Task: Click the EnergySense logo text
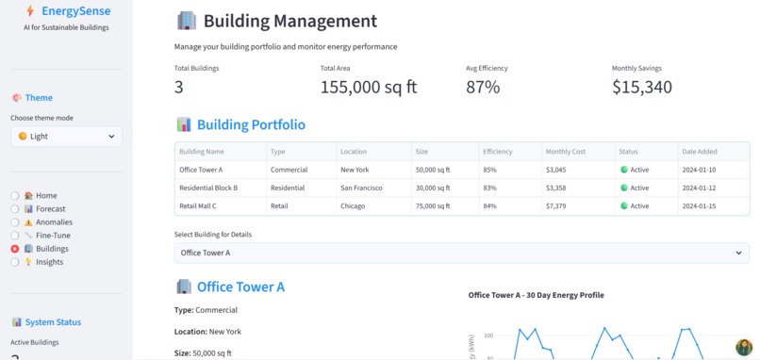point(75,11)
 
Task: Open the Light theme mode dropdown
point(66,137)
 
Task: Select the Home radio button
point(15,196)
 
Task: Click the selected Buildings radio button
point(15,249)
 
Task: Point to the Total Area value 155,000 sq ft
point(369,88)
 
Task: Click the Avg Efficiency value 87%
point(483,88)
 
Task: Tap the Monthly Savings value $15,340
point(642,88)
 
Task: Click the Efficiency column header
point(497,152)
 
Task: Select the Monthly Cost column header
point(566,152)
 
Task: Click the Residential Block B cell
point(208,188)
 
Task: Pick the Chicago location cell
point(354,205)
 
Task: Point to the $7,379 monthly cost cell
point(555,205)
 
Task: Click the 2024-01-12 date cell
point(699,188)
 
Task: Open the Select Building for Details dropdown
point(462,253)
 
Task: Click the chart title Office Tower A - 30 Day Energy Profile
point(536,295)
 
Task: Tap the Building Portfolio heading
point(250,124)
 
